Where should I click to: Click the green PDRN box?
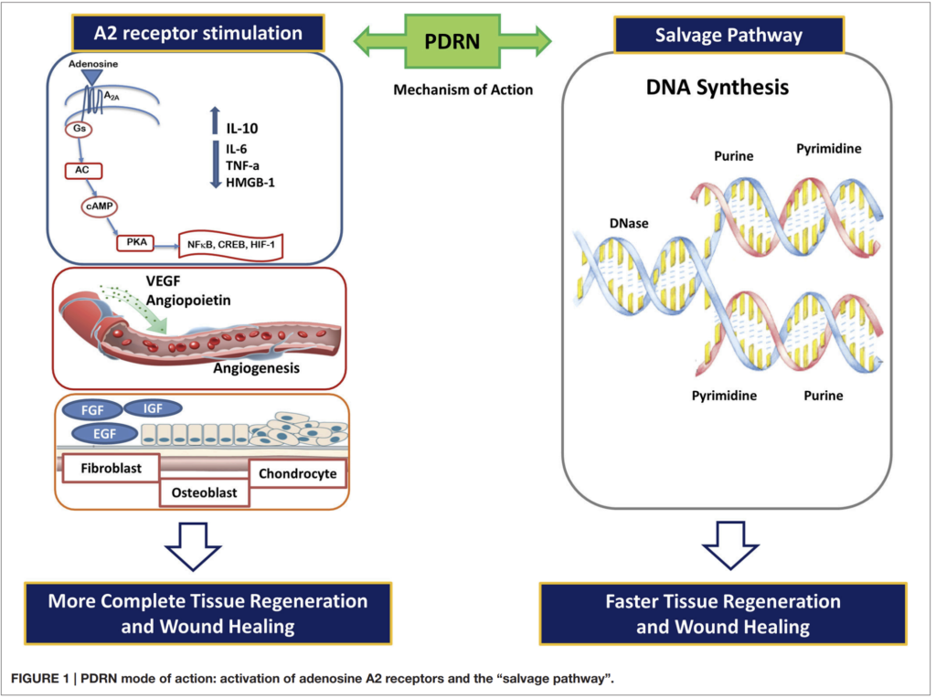point(452,41)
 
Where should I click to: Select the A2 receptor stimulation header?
point(198,33)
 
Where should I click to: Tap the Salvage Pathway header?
point(729,35)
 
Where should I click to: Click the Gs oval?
point(79,129)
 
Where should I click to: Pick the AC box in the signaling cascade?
point(83,171)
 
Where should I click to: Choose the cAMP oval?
point(99,206)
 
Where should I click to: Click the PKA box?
point(135,243)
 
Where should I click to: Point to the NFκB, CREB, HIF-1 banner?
point(230,245)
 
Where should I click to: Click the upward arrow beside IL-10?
point(215,121)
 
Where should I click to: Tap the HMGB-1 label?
point(250,183)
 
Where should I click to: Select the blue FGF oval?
point(92,410)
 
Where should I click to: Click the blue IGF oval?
point(153,408)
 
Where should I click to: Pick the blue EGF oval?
point(104,434)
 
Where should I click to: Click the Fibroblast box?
point(111,469)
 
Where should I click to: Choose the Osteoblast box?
point(204,492)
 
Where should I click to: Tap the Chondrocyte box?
point(297,473)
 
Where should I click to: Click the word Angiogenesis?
point(257,368)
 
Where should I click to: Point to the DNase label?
point(629,223)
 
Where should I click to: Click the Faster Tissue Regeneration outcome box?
point(723,614)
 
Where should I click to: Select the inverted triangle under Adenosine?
point(92,77)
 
